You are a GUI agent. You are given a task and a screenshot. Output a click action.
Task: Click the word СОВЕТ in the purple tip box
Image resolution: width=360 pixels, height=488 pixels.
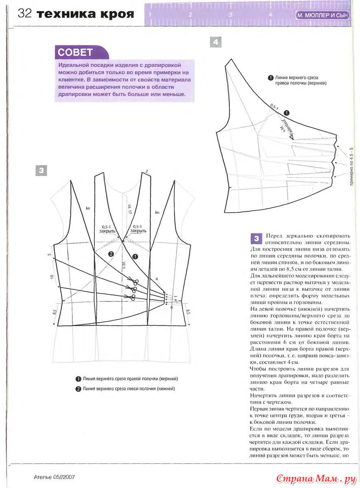click(x=76, y=52)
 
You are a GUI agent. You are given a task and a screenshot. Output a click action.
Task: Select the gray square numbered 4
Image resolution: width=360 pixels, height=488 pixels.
click(x=215, y=42)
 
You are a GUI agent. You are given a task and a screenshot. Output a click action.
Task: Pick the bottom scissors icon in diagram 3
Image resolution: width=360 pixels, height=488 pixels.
click(x=131, y=298)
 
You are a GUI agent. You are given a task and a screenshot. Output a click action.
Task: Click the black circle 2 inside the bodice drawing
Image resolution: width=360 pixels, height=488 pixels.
click(x=110, y=254)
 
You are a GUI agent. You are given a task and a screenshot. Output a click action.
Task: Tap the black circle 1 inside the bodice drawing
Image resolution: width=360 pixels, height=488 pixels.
click(x=135, y=257)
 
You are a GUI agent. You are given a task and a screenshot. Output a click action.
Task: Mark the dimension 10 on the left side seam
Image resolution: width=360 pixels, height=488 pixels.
click(x=52, y=277)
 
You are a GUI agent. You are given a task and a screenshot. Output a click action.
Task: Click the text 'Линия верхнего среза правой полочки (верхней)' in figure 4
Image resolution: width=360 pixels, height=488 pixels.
click(x=301, y=80)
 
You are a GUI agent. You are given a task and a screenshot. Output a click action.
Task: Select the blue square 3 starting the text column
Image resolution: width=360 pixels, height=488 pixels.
click(x=256, y=238)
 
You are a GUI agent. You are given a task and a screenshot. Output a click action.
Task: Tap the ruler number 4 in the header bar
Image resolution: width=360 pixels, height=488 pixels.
click(x=270, y=15)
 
